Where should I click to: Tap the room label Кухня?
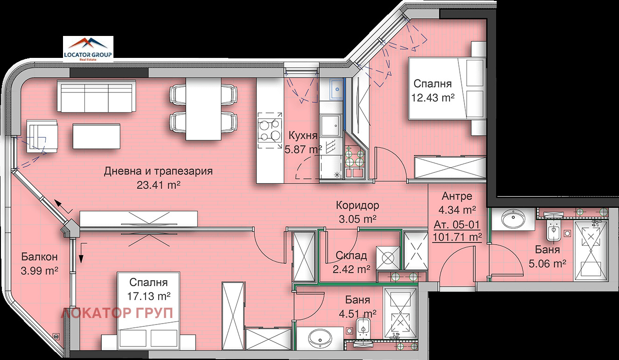303,136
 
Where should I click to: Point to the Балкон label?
39,257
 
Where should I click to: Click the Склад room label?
351,256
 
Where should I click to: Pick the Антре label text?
457,196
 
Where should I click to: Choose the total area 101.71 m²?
457,237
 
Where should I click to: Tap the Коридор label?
357,205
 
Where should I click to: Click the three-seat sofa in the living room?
97,96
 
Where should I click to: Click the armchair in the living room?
42,136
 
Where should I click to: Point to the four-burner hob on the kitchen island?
270,131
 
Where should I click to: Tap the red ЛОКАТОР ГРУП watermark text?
117,313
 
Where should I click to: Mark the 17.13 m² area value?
148,296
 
